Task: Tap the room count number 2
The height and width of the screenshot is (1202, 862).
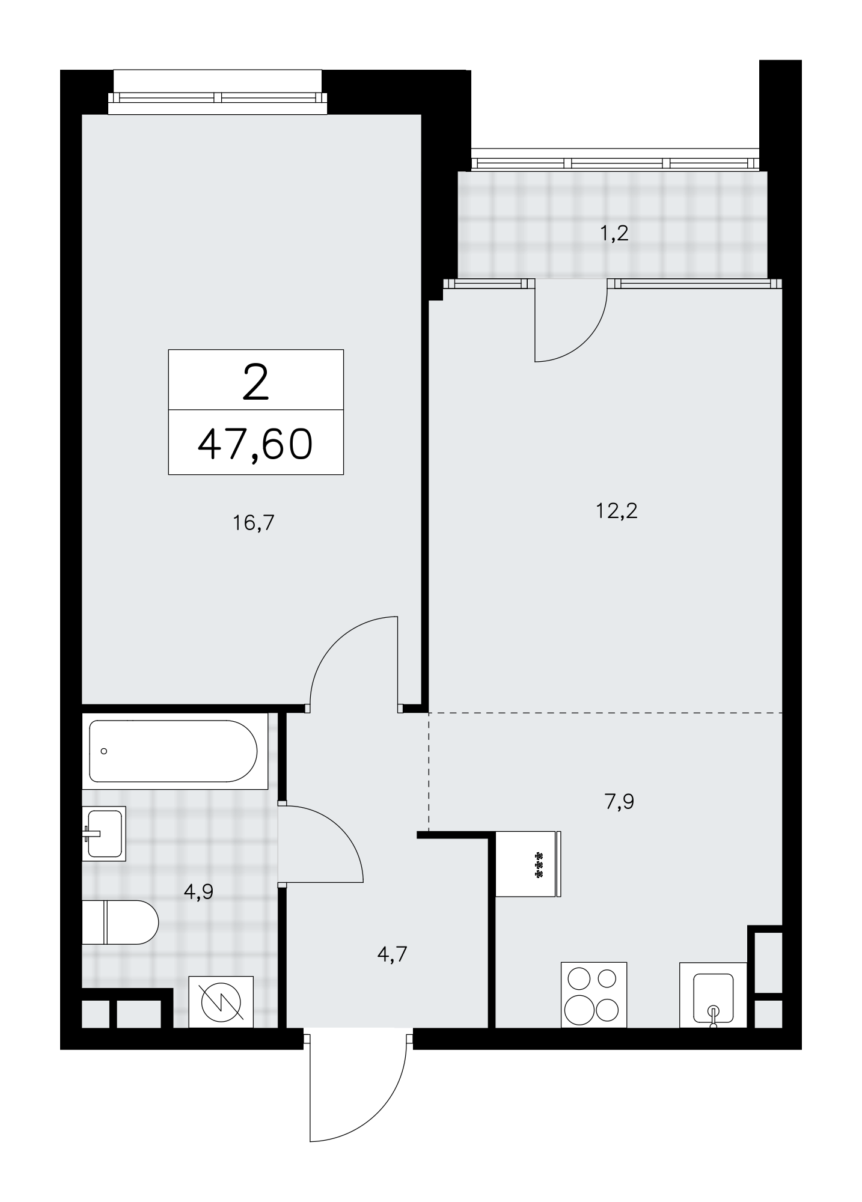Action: [x=255, y=384]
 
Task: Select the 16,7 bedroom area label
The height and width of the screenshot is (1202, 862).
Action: [x=253, y=523]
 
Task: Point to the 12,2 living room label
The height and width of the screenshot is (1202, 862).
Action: [x=617, y=511]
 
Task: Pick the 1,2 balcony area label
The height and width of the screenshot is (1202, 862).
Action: [x=614, y=233]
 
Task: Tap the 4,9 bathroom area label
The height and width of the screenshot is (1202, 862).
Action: [x=199, y=892]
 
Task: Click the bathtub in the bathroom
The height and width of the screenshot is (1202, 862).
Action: [x=175, y=751]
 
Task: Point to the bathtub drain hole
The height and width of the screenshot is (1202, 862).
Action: [x=104, y=751]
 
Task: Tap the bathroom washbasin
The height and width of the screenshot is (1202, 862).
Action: [x=104, y=834]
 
